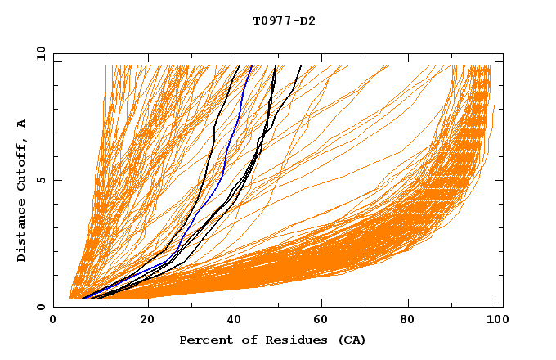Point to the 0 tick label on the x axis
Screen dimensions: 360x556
tap(54, 321)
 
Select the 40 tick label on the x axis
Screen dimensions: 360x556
tap(236, 321)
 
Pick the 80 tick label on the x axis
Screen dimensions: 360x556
tap(414, 321)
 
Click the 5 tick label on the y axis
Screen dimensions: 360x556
tap(39, 180)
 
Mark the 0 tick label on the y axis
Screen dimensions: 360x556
tap(39, 307)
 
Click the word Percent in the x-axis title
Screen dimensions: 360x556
tap(204, 340)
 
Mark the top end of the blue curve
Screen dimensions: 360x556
tap(251, 65)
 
